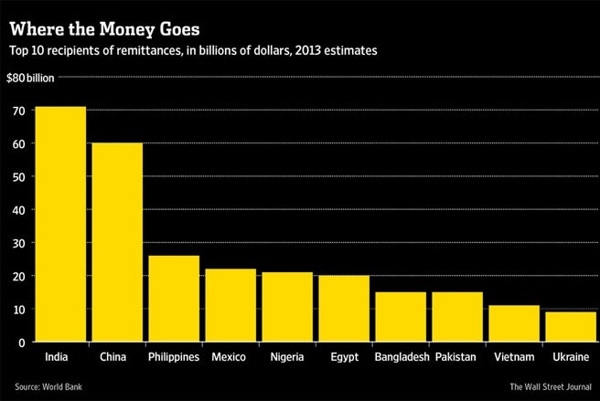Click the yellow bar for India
tap(60, 224)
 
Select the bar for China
tap(117, 242)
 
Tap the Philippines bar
tap(174, 298)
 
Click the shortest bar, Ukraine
tap(571, 326)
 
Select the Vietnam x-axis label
tap(514, 356)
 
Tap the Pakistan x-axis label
tap(457, 356)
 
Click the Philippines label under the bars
tap(174, 356)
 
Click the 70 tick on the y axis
tap(19, 110)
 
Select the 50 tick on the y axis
tap(19, 176)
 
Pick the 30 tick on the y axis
tap(19, 243)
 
